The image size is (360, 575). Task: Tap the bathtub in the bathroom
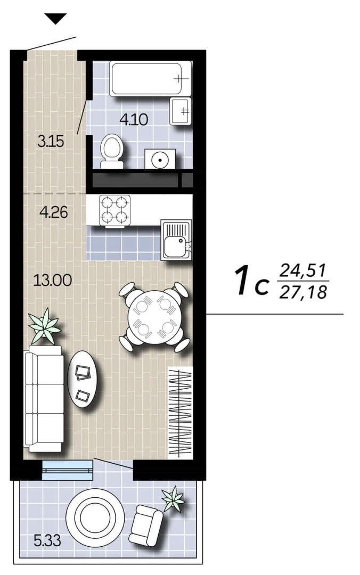click(151, 79)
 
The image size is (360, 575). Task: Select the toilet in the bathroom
click(112, 151)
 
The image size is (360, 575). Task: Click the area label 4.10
click(134, 120)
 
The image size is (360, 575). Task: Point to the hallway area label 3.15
click(51, 141)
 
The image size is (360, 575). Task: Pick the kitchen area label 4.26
click(54, 212)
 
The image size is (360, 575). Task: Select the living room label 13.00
click(53, 281)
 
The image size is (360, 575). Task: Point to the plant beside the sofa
click(44, 326)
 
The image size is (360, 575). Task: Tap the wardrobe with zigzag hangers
click(180, 413)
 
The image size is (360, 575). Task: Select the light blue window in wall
click(68, 470)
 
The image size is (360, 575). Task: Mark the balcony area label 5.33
click(47, 540)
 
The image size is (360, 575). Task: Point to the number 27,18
click(303, 292)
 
